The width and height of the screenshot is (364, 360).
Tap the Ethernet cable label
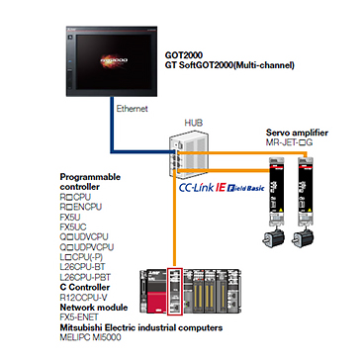click(133, 108)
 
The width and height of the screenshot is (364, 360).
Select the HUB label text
click(193, 124)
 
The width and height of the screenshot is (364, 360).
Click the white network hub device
click(188, 154)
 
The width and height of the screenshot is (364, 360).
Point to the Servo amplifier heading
click(297, 133)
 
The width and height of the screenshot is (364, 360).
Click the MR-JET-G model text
click(289, 142)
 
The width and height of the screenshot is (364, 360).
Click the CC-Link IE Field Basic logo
click(222, 188)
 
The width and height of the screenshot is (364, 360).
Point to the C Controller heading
click(85, 287)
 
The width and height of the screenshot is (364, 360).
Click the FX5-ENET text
click(79, 317)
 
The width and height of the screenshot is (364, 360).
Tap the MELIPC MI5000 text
click(90, 337)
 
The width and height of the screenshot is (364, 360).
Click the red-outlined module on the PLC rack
click(175, 291)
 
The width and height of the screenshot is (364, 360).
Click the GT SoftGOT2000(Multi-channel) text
click(229, 65)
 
